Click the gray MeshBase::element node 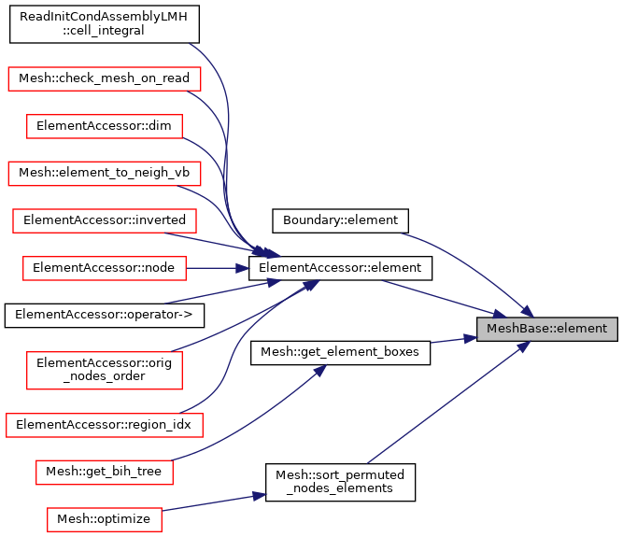click(x=546, y=329)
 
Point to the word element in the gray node click(x=581, y=329)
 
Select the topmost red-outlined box click(x=105, y=79)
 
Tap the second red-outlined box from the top click(x=105, y=127)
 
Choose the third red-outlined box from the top click(x=105, y=174)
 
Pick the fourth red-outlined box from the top click(x=105, y=221)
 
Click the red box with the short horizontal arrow click(x=105, y=269)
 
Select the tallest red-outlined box click(x=105, y=371)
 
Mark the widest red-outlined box click(x=105, y=426)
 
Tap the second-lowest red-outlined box click(x=105, y=473)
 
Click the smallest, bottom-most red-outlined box click(x=105, y=520)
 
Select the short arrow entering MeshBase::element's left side click(x=454, y=340)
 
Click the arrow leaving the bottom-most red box click(x=215, y=502)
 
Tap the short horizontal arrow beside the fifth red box click(x=218, y=268)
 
